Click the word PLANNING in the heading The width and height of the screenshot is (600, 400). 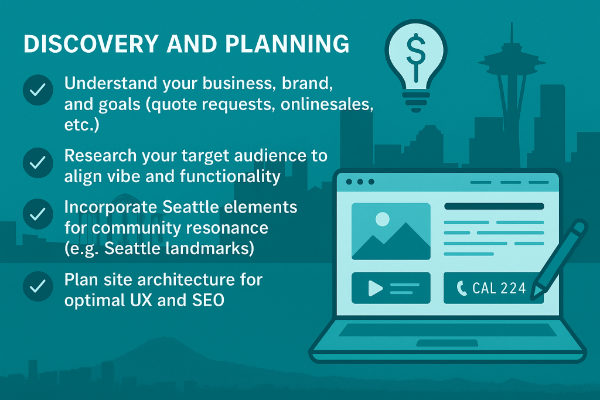click(x=287, y=43)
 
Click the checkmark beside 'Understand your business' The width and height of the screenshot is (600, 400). click(x=38, y=90)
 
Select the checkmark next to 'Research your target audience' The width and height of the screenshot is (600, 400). click(x=38, y=163)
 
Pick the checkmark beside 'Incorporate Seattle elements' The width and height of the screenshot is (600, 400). click(x=38, y=214)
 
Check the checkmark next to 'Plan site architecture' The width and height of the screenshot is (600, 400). click(x=38, y=286)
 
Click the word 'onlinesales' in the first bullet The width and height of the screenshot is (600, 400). click(x=327, y=104)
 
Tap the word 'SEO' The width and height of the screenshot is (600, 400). click(x=208, y=300)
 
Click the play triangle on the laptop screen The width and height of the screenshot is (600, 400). click(x=375, y=288)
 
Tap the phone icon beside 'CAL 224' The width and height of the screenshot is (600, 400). click(x=462, y=288)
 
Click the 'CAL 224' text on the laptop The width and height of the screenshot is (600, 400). click(x=499, y=288)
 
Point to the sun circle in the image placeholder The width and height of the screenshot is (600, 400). click(x=382, y=219)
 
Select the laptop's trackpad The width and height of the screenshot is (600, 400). click(x=447, y=343)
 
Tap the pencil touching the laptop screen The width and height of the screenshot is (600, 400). click(x=558, y=259)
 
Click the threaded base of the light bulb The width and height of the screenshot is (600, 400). click(x=416, y=100)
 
